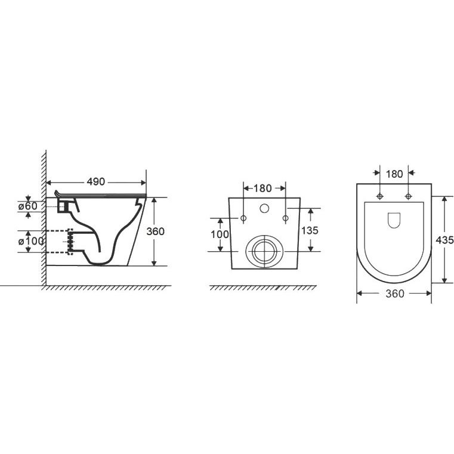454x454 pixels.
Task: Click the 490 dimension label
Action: click(96, 181)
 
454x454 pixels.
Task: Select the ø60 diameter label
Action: click(27, 206)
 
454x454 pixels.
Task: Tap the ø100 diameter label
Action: click(31, 241)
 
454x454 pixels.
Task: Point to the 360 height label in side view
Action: click(155, 231)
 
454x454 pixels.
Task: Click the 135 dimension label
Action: click(310, 230)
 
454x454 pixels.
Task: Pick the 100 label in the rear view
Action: click(220, 234)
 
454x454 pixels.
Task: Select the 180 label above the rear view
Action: click(262, 189)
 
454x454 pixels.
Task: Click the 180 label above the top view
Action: click(394, 174)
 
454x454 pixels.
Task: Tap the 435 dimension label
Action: click(444, 240)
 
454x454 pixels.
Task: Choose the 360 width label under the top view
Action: click(395, 294)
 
